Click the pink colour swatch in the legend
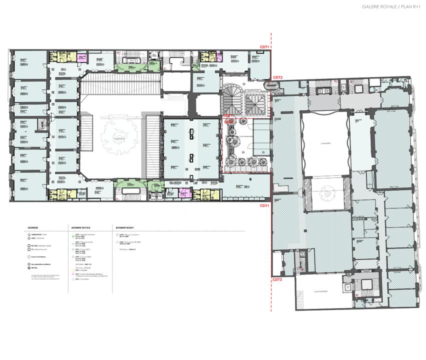(73, 274)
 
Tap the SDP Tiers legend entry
(35, 268)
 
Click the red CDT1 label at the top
(264, 47)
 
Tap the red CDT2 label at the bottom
(263, 279)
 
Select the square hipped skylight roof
(255, 103)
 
